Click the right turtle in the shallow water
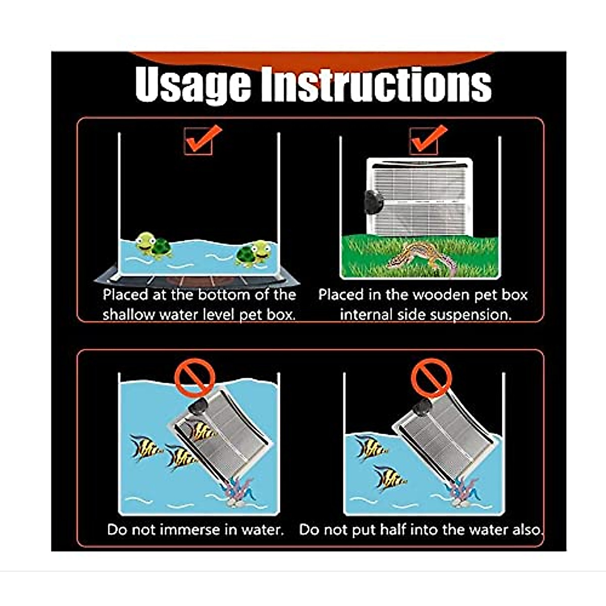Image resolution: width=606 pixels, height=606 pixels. pyautogui.click(x=254, y=254)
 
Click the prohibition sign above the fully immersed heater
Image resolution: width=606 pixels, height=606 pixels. pyautogui.click(x=194, y=377)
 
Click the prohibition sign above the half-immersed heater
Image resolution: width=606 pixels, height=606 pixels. pyautogui.click(x=431, y=377)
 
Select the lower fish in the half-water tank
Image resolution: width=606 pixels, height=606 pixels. pyautogui.click(x=389, y=478)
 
